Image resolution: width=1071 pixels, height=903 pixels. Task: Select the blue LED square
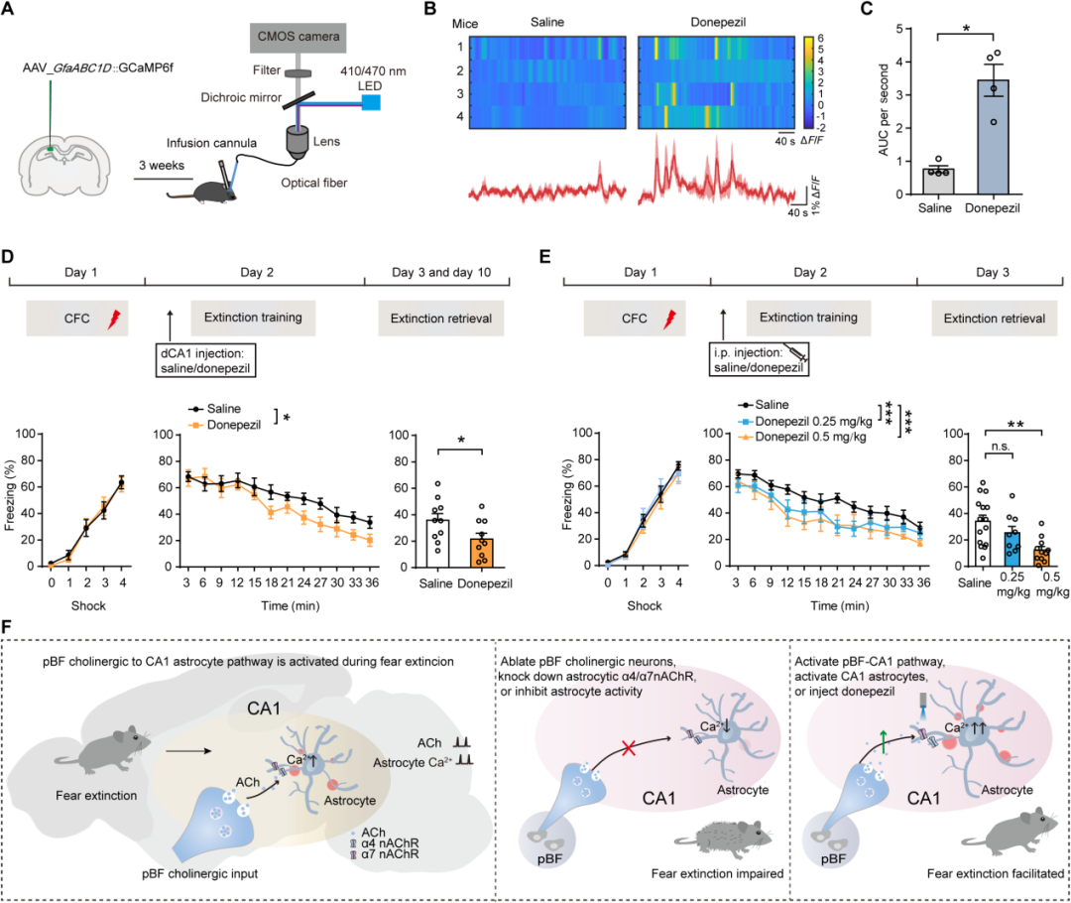(x=371, y=102)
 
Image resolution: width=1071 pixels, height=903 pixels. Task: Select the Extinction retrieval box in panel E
(x=988, y=319)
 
